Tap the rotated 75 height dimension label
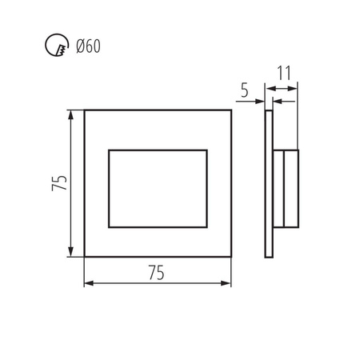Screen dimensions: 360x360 (x=58, y=182)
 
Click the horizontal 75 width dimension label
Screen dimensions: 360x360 (x=157, y=272)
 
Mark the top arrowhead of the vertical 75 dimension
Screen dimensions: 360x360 (x=74, y=112)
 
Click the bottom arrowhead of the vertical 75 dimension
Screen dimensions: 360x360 (x=74, y=254)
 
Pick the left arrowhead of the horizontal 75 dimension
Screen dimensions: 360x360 (x=87, y=282)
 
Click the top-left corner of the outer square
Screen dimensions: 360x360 (x=85, y=110)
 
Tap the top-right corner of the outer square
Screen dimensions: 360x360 (x=230, y=110)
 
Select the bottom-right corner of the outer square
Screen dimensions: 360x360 (x=230, y=257)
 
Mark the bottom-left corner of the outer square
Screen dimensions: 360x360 (x=85, y=257)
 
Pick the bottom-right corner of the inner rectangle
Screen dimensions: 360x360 (x=206, y=227)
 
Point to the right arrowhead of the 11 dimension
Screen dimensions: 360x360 (x=295, y=101)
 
